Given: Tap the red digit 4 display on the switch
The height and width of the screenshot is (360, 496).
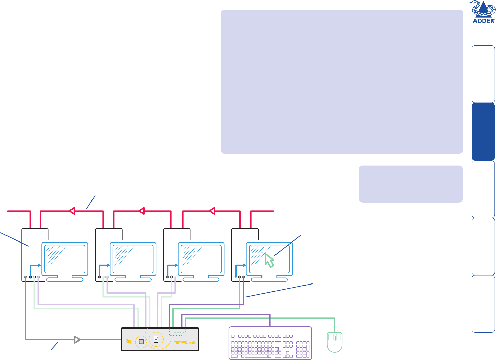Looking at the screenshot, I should click(156, 340).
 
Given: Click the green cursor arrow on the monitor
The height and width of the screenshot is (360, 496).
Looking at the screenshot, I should click(269, 261).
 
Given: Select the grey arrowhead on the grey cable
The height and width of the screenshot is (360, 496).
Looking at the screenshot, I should click(77, 340).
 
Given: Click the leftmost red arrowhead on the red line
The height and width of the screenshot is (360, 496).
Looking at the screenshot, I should click(71, 211).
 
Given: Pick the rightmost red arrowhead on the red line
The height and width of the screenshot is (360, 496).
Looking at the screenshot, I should click(212, 211).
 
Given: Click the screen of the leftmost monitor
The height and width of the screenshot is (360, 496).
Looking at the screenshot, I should click(65, 259).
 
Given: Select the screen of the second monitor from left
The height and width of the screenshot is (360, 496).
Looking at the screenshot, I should click(133, 259).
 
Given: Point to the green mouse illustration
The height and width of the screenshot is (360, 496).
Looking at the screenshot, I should click(335, 342).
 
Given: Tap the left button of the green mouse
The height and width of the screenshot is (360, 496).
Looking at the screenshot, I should click(330, 337).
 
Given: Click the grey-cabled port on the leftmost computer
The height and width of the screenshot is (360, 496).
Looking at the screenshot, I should click(26, 277).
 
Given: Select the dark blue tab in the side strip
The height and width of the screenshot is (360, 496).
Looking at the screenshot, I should click(483, 132).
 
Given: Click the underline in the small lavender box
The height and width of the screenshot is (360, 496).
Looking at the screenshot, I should click(417, 191).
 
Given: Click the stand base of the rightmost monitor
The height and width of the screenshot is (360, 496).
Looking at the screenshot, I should click(270, 279).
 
